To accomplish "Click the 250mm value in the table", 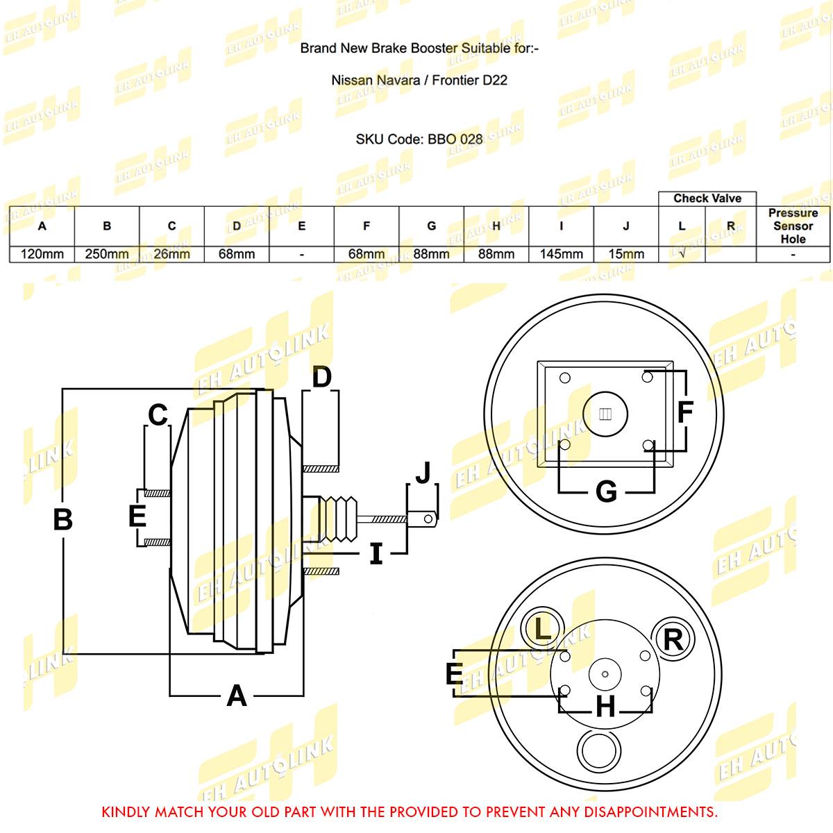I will coord(107,254).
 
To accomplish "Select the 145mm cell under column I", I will coord(561,254).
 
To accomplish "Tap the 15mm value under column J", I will coord(626,254).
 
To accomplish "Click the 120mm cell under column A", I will coord(42,254).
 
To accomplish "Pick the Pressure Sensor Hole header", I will coord(793,226).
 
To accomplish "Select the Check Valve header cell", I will coord(707,199).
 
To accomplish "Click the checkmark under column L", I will coord(682,254).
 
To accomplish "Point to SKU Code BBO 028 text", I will coord(419,139).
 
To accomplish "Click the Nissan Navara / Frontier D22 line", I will coord(419,80).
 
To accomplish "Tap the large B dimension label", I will coord(62,519).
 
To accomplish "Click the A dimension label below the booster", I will coord(237,695).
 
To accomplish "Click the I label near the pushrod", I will coord(376,553).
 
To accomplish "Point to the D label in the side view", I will coord(321,378).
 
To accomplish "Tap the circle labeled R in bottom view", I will coord(673,639).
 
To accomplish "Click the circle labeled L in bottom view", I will coord(542,629).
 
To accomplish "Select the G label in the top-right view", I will coord(606,492).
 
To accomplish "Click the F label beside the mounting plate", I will coord(684,412).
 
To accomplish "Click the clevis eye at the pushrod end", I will coord(429,518).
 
